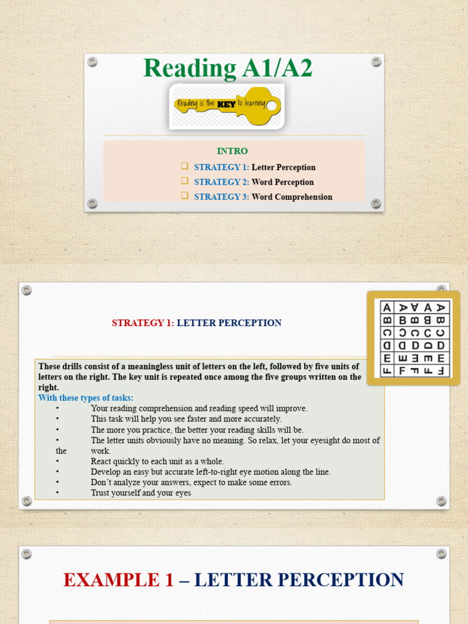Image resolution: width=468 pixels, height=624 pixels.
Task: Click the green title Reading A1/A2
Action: [x=227, y=69]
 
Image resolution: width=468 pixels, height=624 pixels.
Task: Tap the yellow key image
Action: [x=227, y=105]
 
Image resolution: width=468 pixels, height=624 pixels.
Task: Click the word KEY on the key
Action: [x=227, y=104]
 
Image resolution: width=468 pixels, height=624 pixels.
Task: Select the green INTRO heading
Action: [x=232, y=151]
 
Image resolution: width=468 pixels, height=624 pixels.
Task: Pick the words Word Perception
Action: [x=283, y=182]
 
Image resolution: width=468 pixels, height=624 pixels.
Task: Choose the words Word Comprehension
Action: [x=292, y=197]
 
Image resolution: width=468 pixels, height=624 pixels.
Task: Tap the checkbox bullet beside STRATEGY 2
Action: [x=185, y=182]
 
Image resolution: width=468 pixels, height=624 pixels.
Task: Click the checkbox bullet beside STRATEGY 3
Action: [x=185, y=196]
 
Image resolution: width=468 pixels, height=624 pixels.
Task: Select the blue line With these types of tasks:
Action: [x=86, y=398]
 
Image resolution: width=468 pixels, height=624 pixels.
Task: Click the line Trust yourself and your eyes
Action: [x=141, y=493]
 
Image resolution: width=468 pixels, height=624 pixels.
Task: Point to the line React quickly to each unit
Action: [x=157, y=461]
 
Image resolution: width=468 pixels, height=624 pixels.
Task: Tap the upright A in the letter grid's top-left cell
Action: [x=387, y=308]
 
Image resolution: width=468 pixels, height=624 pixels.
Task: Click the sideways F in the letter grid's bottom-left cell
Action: [x=387, y=370]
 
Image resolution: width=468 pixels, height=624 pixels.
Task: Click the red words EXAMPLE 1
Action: [x=118, y=580]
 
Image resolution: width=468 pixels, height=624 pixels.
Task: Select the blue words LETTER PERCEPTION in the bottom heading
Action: [x=300, y=580]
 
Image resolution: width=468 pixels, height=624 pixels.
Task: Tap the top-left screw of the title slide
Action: [x=93, y=62]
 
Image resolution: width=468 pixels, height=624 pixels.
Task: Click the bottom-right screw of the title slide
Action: [x=376, y=204]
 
